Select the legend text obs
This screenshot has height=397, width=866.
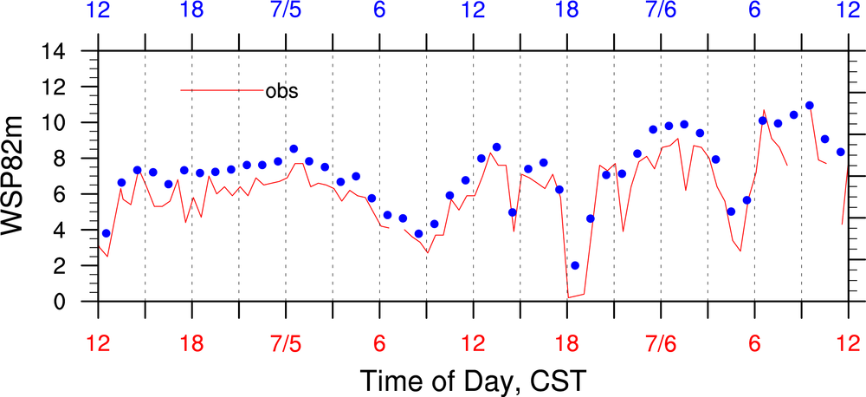click(281, 90)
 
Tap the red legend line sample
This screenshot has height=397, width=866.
click(221, 90)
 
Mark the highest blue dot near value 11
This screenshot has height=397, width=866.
click(810, 106)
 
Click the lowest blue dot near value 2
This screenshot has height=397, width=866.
click(575, 265)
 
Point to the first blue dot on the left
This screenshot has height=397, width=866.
click(106, 233)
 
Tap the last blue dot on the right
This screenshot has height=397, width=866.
click(840, 152)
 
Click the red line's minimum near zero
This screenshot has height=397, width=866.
click(569, 297)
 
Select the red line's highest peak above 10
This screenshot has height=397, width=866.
click(764, 110)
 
